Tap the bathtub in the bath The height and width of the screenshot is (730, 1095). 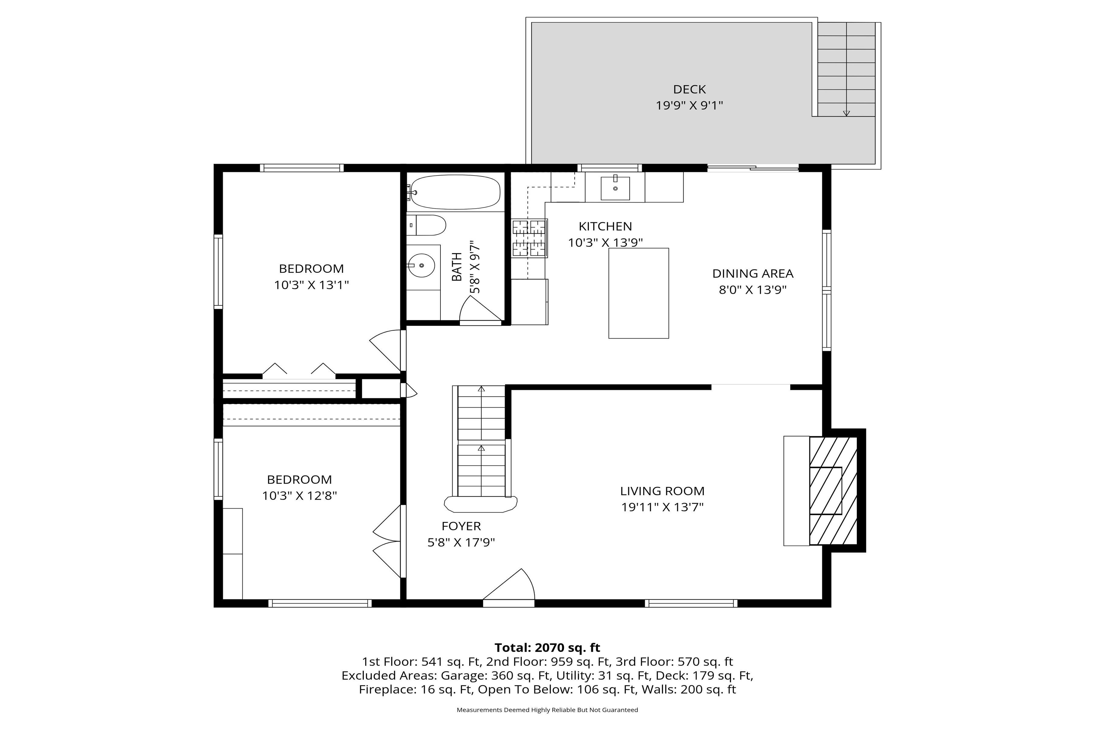coord(454,192)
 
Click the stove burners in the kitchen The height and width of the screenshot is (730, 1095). coord(530,238)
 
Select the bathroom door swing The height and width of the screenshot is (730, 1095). coord(481,309)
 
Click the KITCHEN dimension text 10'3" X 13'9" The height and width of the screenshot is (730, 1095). coord(605,242)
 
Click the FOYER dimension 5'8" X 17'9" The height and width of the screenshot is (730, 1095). coord(461,542)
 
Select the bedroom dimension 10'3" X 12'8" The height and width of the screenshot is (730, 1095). coord(299,495)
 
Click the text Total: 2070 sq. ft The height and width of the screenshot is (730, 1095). coord(547,648)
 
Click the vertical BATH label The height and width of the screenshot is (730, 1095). coord(457,267)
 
